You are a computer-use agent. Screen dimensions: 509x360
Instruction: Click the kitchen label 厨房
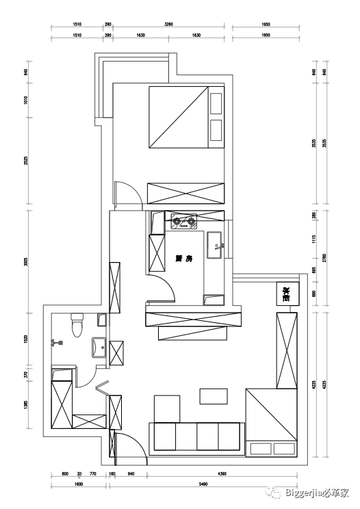coord(184,259)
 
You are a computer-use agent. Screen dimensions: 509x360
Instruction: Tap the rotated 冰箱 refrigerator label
coord(286,293)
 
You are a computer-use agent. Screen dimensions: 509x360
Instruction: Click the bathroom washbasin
coord(98,347)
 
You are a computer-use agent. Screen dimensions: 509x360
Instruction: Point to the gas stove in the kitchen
coord(183,220)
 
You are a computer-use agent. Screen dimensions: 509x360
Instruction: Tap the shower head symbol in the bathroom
coord(55,341)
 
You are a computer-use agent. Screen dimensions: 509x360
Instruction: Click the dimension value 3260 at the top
coord(168,24)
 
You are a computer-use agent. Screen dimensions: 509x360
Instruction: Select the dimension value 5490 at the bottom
coord(203,484)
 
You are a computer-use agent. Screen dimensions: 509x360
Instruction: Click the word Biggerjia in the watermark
coord(302,491)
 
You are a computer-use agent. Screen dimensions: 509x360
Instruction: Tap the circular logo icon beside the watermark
coord(274,491)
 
